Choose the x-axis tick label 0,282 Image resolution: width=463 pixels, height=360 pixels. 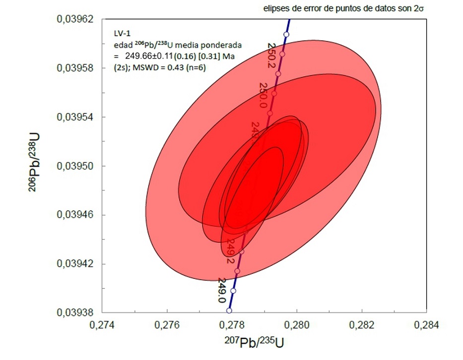[x=362, y=325]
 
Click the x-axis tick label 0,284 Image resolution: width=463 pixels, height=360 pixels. [x=426, y=325]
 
